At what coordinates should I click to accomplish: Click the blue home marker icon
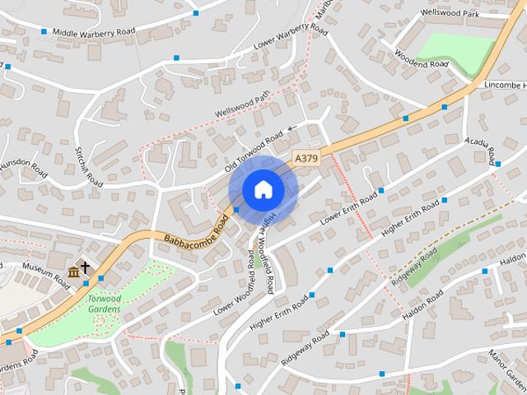[x=263, y=190]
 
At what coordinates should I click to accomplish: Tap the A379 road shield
[x=305, y=157]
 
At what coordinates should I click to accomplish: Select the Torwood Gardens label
[x=105, y=304]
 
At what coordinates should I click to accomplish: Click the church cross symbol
[x=86, y=268]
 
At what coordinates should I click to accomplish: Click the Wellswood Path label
[x=241, y=105]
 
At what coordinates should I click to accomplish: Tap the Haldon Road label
[x=425, y=309]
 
